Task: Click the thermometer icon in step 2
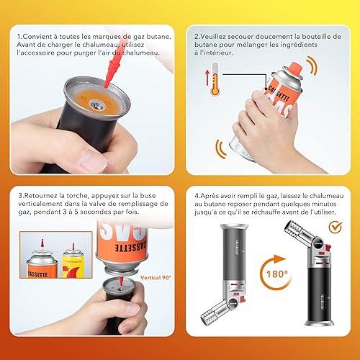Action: click(x=215, y=79)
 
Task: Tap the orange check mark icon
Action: click(x=336, y=227)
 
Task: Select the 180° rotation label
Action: click(x=276, y=274)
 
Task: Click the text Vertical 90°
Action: click(x=156, y=278)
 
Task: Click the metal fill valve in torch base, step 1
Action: click(x=97, y=104)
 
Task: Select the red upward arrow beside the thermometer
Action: click(x=207, y=78)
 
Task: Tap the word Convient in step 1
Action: click(x=38, y=37)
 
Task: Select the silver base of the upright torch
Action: click(x=320, y=322)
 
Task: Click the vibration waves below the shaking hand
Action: click(x=221, y=149)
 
